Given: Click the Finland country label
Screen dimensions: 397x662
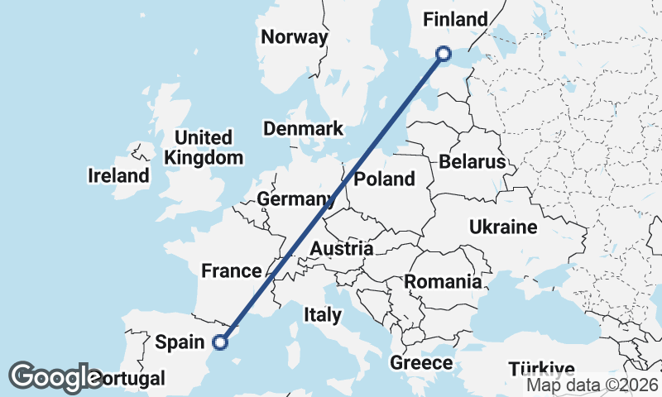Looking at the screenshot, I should coord(455,19).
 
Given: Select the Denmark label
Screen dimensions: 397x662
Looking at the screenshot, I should coord(303,128).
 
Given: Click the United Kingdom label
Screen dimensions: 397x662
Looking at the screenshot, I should coord(204,147).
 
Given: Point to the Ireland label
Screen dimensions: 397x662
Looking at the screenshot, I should coord(119,175).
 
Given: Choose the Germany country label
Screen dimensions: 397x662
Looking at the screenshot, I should coord(295,199).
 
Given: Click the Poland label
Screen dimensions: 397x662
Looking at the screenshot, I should coord(384,179).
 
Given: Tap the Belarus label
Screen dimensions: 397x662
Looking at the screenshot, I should coord(473,161).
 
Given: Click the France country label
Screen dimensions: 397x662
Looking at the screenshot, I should coord(232,270).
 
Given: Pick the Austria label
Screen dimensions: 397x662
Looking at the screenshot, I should coord(342,249).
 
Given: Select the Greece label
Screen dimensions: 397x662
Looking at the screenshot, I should coord(421,363).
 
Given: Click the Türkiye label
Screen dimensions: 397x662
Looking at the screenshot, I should coord(542,369).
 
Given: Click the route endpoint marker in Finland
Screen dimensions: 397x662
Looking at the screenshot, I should coord(444,54).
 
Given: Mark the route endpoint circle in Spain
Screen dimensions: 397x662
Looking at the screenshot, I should coord(220,341).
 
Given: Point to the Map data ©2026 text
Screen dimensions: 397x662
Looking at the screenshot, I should coord(593,384).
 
